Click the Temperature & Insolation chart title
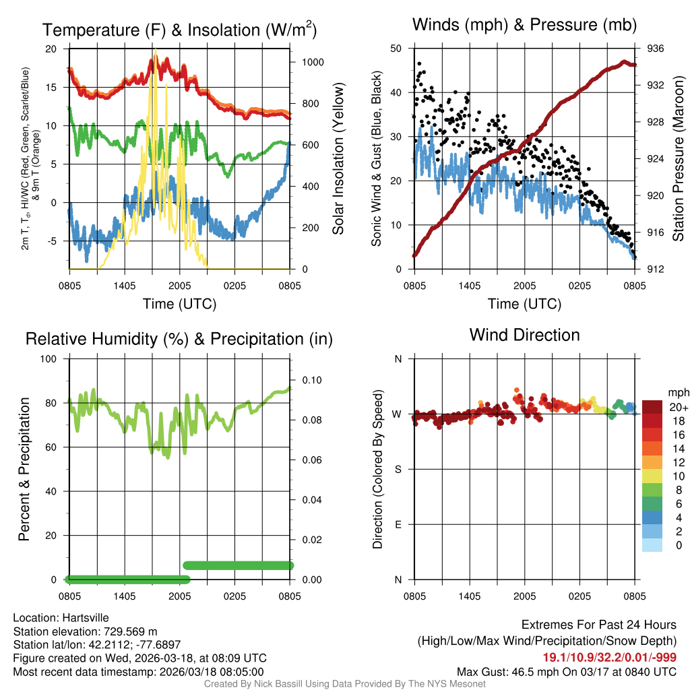pos(179,30)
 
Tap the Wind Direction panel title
pos(524,335)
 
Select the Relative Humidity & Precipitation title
pos(179,339)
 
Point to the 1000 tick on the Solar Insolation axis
pos(313,62)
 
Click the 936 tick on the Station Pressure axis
pos(656,49)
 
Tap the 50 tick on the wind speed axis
pos(397,49)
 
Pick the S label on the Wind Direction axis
pos(398,469)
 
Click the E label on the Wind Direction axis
pos(398,524)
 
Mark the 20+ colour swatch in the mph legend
pos(652,407)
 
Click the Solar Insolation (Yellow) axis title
pos(338,159)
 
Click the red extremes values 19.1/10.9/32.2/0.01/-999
pos(610,658)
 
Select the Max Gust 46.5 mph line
pos(567,671)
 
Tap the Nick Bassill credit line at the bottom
pos(345,684)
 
